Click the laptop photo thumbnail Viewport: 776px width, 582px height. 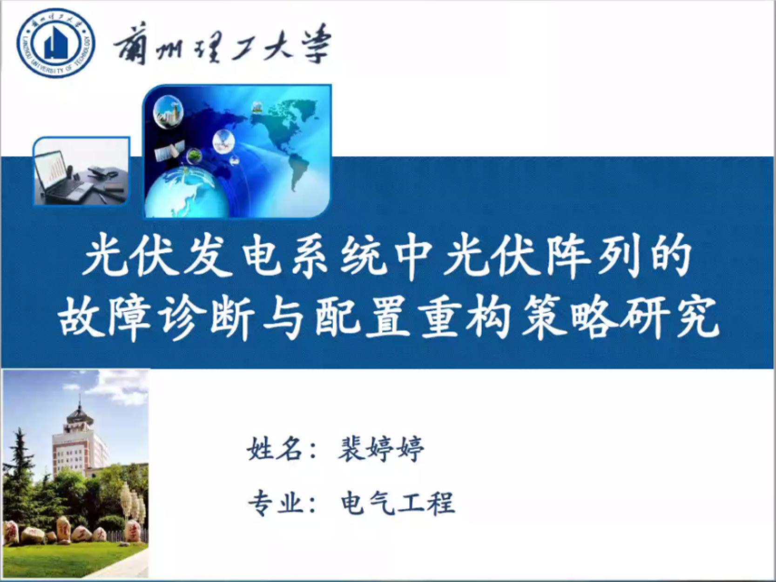[81, 171]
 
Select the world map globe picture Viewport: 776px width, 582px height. [237, 151]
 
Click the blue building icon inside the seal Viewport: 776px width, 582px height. [55, 44]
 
